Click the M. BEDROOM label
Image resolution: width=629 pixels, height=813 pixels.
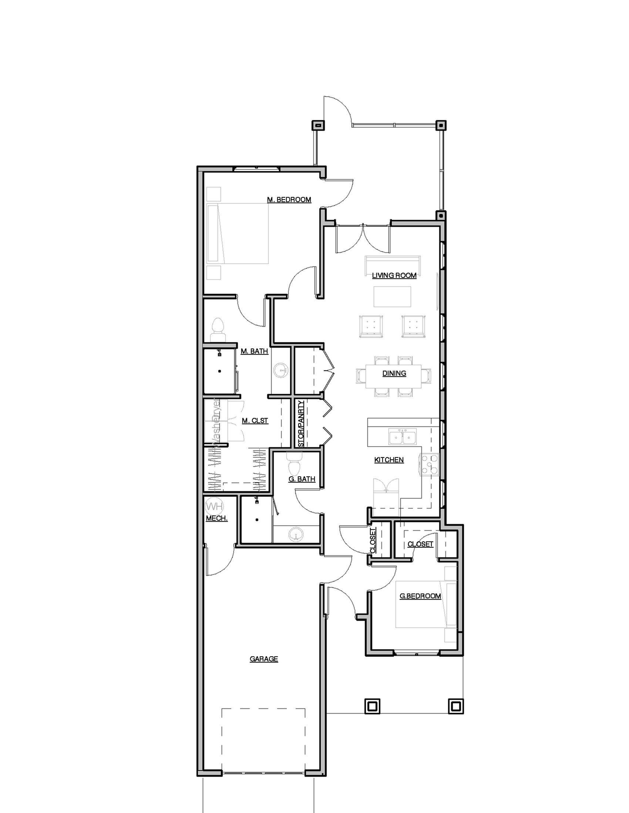[289, 200]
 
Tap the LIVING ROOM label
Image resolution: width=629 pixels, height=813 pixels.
[394, 275]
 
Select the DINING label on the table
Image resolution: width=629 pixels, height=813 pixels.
[394, 373]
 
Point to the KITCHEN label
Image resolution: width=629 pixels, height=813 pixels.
[388, 460]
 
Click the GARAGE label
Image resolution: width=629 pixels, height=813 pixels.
[264, 659]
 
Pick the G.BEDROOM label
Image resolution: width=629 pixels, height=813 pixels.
[420, 596]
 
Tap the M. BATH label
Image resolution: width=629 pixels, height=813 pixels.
[254, 351]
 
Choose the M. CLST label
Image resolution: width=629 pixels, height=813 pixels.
[255, 421]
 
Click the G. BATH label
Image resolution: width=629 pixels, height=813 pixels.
[302, 479]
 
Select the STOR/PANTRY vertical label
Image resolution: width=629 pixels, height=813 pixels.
[301, 423]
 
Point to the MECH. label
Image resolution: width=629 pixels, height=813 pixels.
[216, 518]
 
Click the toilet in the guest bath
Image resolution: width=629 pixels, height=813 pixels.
[293, 464]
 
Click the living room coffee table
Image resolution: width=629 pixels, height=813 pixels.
[392, 296]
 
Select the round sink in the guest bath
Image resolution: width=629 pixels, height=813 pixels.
[296, 535]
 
